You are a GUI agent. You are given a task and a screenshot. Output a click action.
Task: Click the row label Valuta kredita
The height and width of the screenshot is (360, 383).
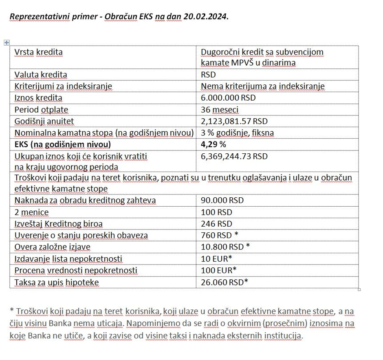[41, 75]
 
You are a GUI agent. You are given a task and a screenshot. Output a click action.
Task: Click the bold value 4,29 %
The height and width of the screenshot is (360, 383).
[214, 144]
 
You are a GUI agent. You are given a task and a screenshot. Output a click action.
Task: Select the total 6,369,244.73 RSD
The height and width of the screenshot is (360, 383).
[234, 156]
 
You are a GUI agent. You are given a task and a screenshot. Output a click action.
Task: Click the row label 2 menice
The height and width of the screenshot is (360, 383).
[31, 212]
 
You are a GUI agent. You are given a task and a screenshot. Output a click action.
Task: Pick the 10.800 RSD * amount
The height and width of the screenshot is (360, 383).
[225, 247]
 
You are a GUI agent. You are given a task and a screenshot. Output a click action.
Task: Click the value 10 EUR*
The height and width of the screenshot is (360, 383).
[216, 258]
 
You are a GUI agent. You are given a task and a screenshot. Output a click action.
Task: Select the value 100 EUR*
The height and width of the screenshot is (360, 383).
[218, 270]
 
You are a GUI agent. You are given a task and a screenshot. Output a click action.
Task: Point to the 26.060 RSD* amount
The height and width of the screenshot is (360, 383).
[225, 282]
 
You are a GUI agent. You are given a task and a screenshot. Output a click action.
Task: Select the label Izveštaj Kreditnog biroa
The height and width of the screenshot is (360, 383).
[59, 224]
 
